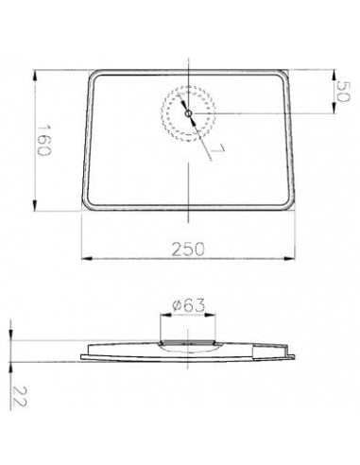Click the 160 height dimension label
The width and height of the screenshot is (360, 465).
pos(43,141)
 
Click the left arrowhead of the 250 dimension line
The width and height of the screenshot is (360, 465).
pos(82,257)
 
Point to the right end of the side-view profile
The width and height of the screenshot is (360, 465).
pos(297,352)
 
